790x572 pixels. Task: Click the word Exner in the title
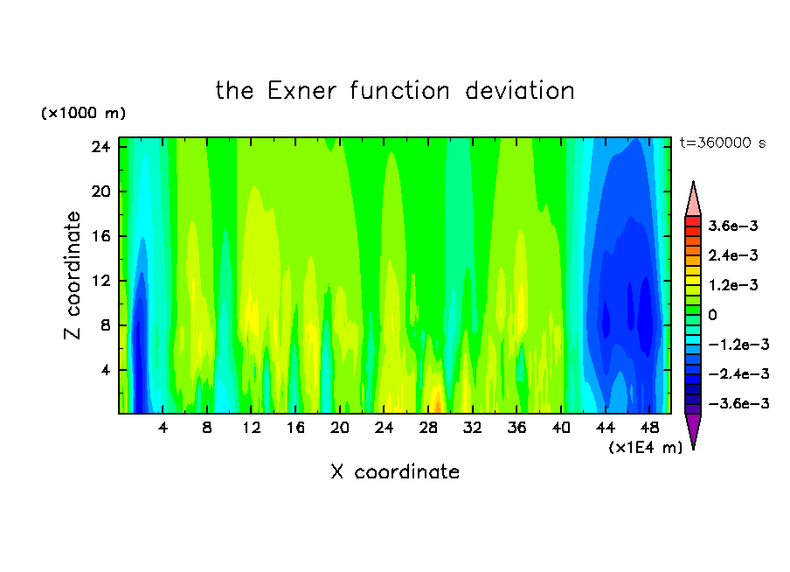(x=301, y=91)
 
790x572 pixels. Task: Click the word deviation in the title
(x=520, y=91)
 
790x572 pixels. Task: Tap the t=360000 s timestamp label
(x=723, y=143)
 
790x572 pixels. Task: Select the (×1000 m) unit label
(x=83, y=113)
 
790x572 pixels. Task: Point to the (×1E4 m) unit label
(x=646, y=447)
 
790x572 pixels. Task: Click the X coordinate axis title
(x=395, y=471)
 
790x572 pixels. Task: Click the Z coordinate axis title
(x=73, y=276)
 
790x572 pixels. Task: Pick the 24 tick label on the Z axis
(x=100, y=147)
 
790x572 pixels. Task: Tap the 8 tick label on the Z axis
(x=105, y=325)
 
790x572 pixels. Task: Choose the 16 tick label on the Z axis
(x=100, y=236)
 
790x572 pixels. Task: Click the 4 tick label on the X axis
(x=163, y=428)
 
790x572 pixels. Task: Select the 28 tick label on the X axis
(x=428, y=428)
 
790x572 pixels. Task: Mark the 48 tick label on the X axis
(x=650, y=428)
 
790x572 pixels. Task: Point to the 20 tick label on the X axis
(x=340, y=428)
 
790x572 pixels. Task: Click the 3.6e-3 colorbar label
(x=733, y=226)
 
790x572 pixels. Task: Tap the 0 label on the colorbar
(x=712, y=315)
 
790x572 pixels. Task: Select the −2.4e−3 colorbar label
(x=738, y=373)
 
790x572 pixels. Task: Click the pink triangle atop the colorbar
(x=693, y=200)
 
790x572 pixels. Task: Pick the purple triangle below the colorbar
(x=693, y=430)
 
